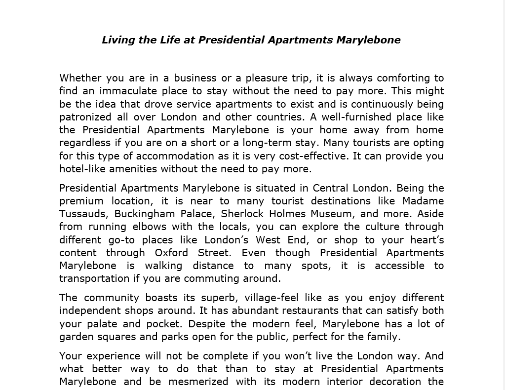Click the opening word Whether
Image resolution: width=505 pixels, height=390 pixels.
(x=80, y=78)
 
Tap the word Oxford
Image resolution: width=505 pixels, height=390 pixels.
(x=171, y=252)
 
